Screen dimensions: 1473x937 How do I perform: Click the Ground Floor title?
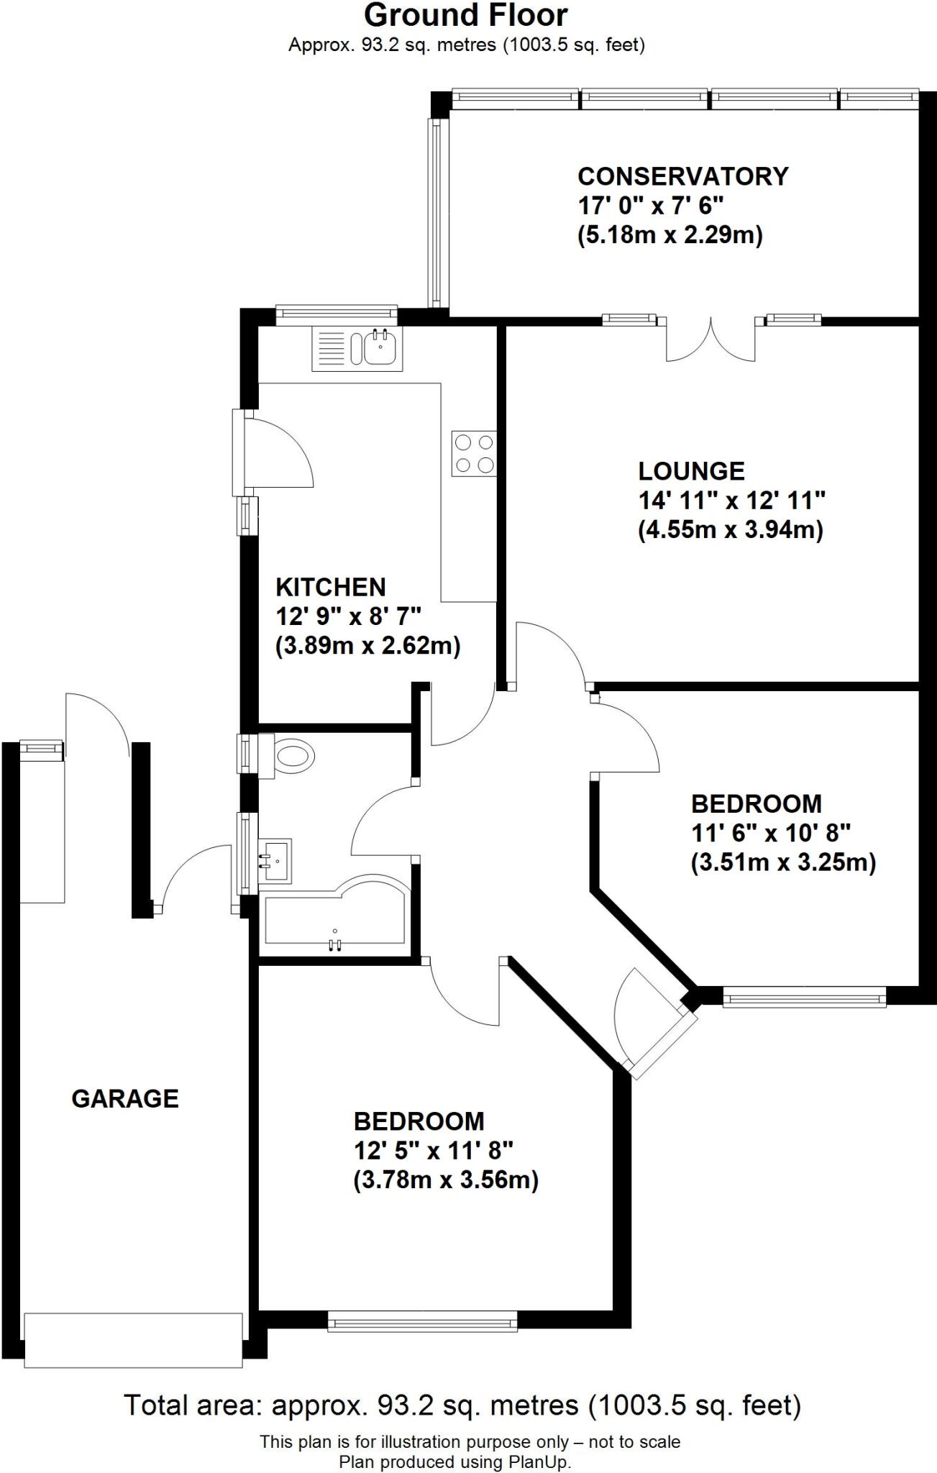pyautogui.click(x=466, y=16)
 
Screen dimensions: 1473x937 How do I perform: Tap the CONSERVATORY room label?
pyautogui.click(x=682, y=176)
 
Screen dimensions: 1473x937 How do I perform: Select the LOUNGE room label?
pyautogui.click(x=691, y=471)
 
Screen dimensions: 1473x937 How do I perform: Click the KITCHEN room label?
pyautogui.click(x=331, y=587)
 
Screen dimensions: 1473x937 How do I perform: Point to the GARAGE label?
pyautogui.click(x=125, y=1098)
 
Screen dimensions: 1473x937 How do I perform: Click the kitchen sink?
pyautogui.click(x=357, y=348)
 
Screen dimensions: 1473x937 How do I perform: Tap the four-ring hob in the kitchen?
pyautogui.click(x=474, y=453)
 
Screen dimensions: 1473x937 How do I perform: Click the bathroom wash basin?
pyautogui.click(x=275, y=859)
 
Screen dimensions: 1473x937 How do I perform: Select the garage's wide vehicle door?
pyautogui.click(x=134, y=1339)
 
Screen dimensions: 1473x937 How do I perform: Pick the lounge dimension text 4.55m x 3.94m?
pyautogui.click(x=730, y=530)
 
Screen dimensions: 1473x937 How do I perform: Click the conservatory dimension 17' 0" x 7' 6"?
pyautogui.click(x=650, y=206)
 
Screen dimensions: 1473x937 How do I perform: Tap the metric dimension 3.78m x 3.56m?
pyautogui.click(x=446, y=1180)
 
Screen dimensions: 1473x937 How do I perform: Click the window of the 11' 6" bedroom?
pyautogui.click(x=804, y=997)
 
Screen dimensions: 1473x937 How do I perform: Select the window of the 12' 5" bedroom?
pyautogui.click(x=423, y=1320)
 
